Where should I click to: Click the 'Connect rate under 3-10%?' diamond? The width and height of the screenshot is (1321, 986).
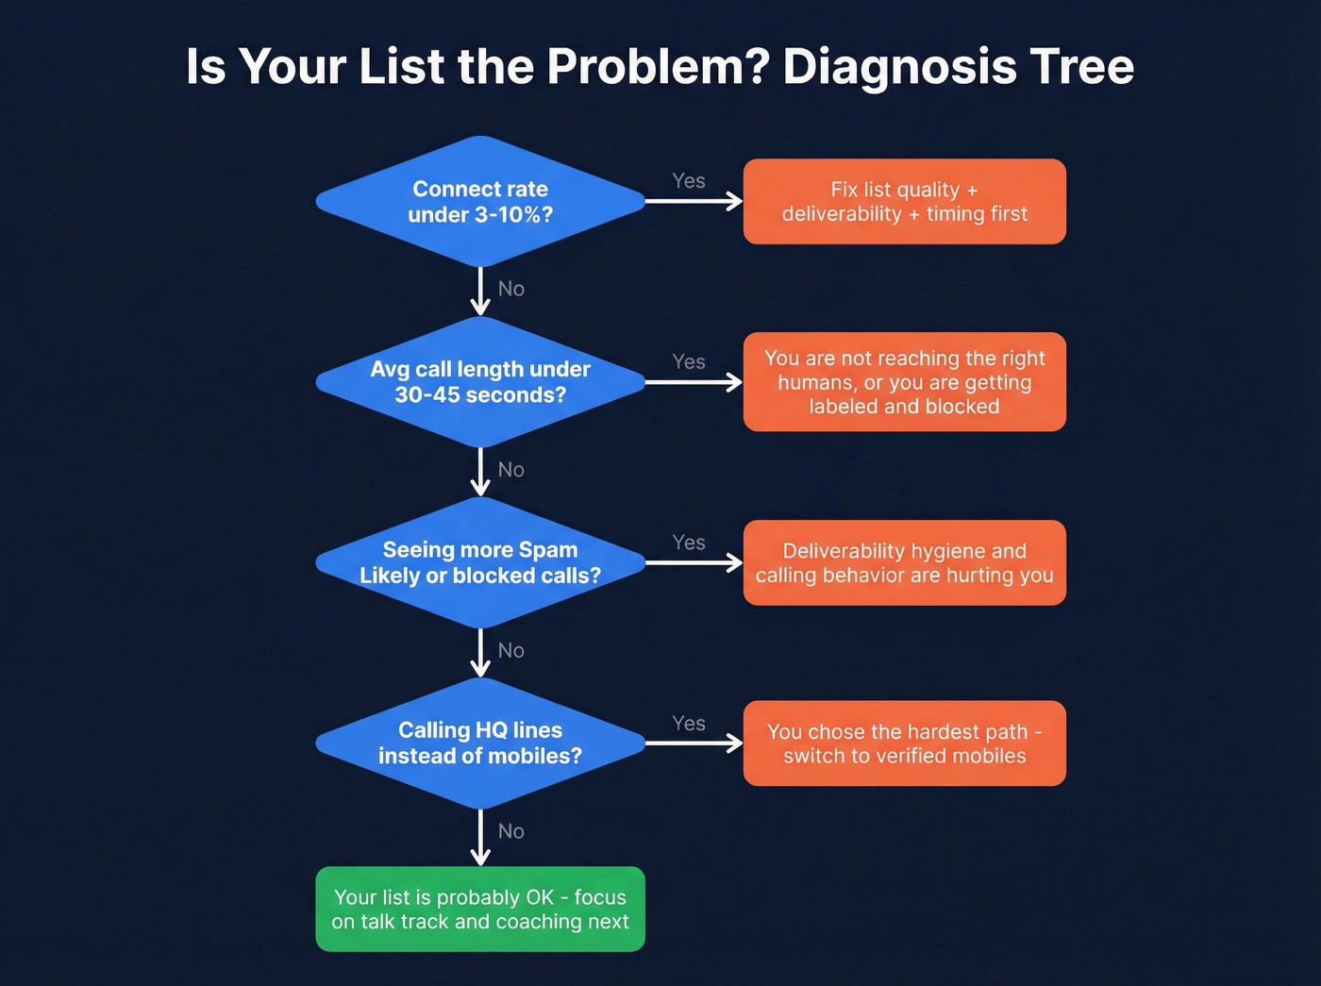coord(480,202)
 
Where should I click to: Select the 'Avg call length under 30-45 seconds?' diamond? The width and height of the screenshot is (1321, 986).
coord(480,382)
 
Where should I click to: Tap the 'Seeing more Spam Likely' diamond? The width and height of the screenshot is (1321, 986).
coord(480,562)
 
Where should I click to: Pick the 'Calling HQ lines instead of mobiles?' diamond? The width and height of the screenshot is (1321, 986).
coord(480,744)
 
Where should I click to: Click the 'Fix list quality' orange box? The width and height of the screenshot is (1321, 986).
coord(904,202)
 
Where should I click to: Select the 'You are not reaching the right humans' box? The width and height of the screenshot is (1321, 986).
coord(904,382)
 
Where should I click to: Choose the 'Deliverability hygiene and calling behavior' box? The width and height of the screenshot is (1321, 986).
coord(904,562)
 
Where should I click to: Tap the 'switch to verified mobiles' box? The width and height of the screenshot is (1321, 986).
coord(904,744)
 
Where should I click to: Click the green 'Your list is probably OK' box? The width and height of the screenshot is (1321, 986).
coord(480,909)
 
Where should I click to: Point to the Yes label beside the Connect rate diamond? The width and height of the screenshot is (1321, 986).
coord(689,181)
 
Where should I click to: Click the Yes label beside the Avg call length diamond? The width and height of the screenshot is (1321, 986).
coord(689,362)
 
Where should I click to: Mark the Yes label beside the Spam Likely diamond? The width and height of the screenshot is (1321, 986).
coord(689,543)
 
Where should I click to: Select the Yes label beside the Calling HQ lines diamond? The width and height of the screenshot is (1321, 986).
coord(689,724)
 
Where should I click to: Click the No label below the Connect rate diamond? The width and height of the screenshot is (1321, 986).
coord(510,289)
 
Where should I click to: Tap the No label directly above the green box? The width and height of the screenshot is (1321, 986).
coord(510,831)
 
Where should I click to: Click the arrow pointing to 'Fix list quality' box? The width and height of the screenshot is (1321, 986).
coord(694,201)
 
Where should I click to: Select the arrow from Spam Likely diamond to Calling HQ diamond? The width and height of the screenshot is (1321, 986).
coord(480,653)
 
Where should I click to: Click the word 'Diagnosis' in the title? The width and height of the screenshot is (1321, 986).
coord(899,67)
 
